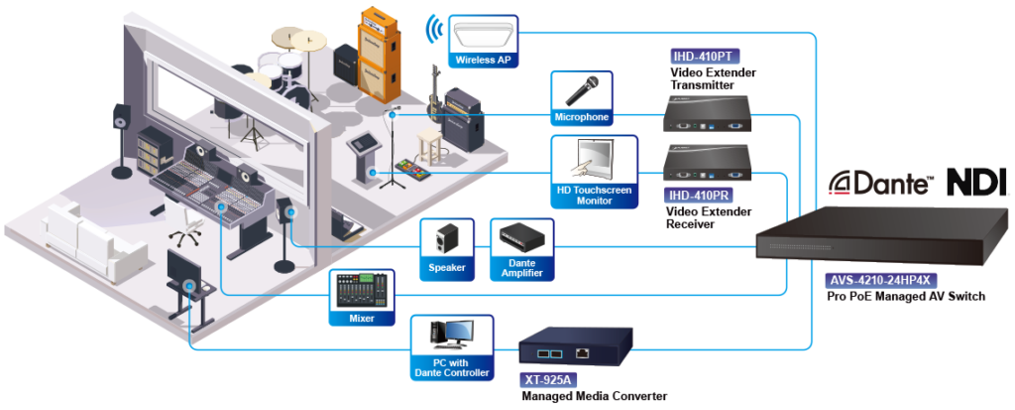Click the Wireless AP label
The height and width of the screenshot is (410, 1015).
[x=483, y=61]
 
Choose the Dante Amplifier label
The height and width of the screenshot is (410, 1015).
[x=521, y=267]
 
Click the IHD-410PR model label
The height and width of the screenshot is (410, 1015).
[x=699, y=196]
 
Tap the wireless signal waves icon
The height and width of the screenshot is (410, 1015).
[x=431, y=30]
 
